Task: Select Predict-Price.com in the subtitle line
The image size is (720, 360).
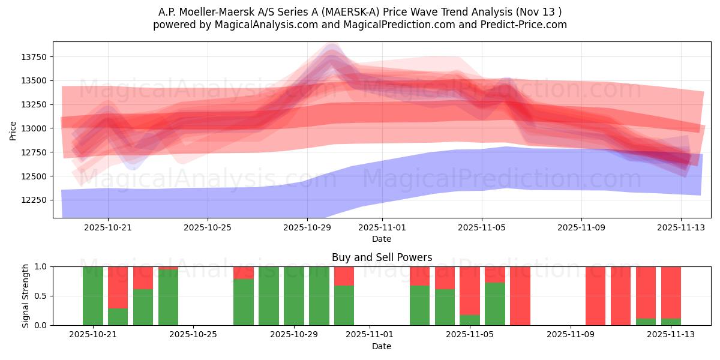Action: (x=520, y=25)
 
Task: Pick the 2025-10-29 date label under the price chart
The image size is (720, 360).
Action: (x=307, y=227)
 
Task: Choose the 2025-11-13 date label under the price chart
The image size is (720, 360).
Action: (x=680, y=227)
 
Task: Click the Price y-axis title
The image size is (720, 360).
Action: (x=13, y=130)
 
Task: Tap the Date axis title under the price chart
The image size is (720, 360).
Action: (x=382, y=239)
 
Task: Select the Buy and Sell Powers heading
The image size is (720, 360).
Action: (x=382, y=257)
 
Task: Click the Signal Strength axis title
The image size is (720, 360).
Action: (x=26, y=296)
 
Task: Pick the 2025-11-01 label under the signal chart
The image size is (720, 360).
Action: (x=370, y=335)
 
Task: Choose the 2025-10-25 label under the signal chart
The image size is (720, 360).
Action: (x=194, y=335)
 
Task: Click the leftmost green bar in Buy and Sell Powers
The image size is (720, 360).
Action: (x=93, y=296)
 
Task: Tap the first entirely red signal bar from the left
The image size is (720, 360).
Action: (x=520, y=296)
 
